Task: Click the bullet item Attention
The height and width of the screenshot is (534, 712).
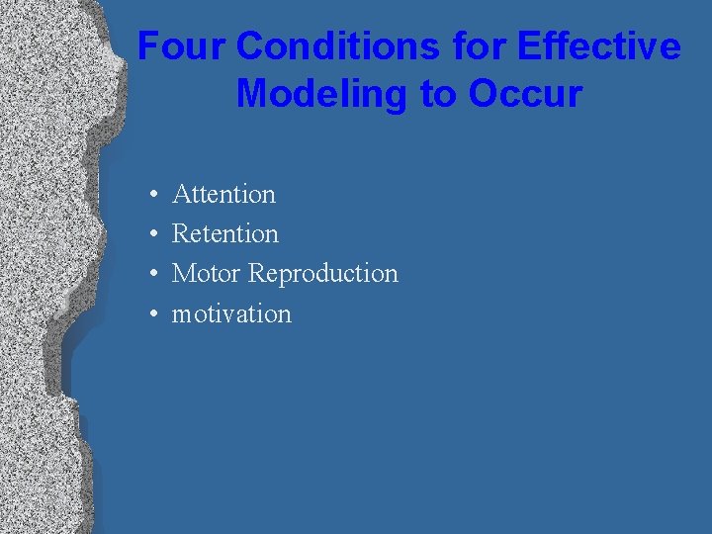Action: tap(223, 194)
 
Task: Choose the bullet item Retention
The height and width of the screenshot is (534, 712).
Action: tap(225, 234)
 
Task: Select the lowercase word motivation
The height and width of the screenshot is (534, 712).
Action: tap(231, 314)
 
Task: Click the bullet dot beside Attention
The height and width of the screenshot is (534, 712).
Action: tap(153, 195)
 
